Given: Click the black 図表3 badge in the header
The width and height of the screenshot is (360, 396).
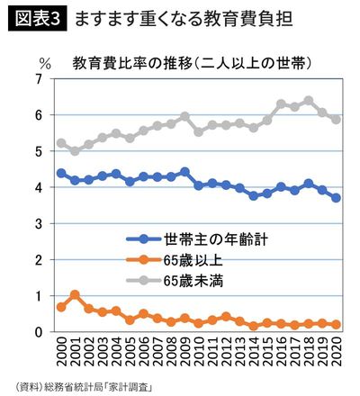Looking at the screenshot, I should click(x=38, y=17).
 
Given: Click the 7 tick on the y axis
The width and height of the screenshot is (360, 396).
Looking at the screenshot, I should click(x=38, y=79).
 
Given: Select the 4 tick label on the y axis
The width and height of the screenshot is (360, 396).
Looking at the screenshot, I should click(x=38, y=187).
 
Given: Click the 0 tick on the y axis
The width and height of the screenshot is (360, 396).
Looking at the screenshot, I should click(x=38, y=332).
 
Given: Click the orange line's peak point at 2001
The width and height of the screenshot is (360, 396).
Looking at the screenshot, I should click(x=75, y=294).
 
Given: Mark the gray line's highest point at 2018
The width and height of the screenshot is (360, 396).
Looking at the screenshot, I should click(x=309, y=101).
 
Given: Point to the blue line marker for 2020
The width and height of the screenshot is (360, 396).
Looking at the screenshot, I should click(x=336, y=198).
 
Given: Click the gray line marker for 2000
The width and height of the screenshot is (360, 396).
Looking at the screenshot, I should click(x=61, y=143).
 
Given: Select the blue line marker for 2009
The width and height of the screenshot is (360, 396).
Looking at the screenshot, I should click(x=184, y=172).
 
